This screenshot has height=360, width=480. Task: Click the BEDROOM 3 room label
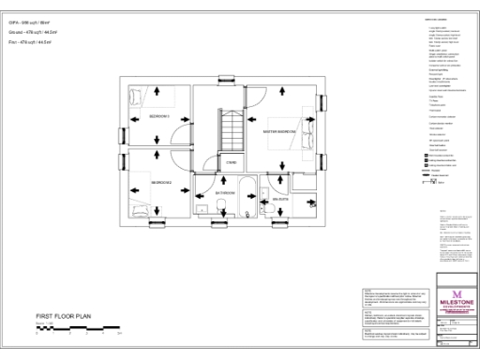point(157,115)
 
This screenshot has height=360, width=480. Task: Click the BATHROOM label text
point(226,193)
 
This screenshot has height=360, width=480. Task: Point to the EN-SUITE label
point(280,200)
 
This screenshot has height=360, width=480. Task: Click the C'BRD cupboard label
point(230,162)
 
